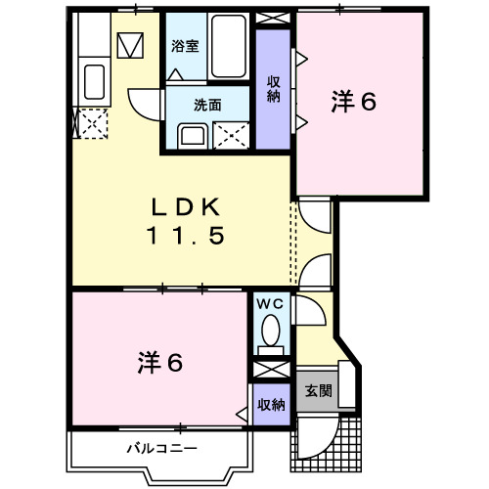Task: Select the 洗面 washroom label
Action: (206, 104)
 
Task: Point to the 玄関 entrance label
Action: (318, 391)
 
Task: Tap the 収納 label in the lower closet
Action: (272, 404)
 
